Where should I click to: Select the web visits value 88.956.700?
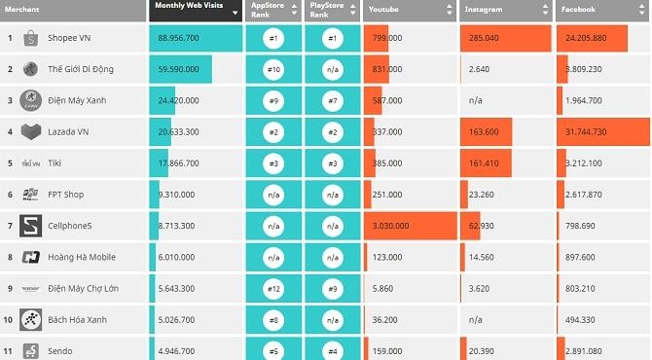[178, 39]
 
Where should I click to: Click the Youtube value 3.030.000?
[394, 226]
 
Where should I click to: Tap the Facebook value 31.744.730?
[585, 132]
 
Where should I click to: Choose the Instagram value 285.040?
[484, 39]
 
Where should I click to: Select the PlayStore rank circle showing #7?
[333, 101]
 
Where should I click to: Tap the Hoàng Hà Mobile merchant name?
[82, 257]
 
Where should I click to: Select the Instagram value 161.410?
[484, 163]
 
